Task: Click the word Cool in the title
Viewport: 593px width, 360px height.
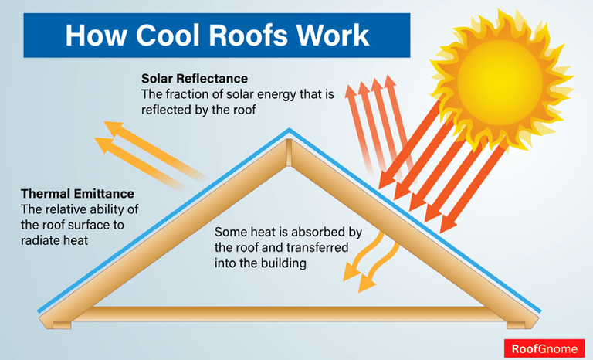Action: click(x=158, y=36)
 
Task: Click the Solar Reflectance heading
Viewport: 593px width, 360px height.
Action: click(x=194, y=80)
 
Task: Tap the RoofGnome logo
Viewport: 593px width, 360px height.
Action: click(x=544, y=348)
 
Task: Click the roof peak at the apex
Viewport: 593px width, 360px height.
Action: click(x=289, y=131)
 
